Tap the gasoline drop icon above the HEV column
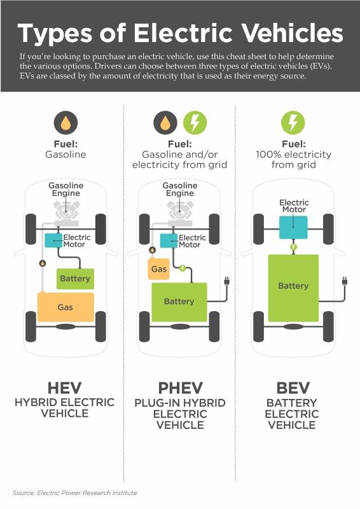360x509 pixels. pyautogui.click(x=66, y=123)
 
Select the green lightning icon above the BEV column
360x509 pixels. pyautogui.click(x=293, y=123)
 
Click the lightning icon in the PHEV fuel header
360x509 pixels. pyautogui.click(x=195, y=123)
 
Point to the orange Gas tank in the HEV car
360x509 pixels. pyautogui.click(x=66, y=307)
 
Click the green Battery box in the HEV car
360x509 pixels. pyautogui.click(x=75, y=279)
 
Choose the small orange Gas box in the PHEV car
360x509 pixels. pyautogui.click(x=159, y=269)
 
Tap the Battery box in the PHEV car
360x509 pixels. pyautogui.click(x=179, y=302)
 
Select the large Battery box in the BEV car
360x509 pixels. pyautogui.click(x=293, y=288)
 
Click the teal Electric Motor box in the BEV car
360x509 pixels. pyautogui.click(x=293, y=227)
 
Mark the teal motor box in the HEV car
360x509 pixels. pyautogui.click(x=53, y=241)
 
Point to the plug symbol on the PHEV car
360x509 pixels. pyautogui.click(x=226, y=281)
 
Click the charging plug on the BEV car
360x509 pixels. pyautogui.click(x=345, y=281)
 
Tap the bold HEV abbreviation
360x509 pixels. pyautogui.click(x=65, y=388)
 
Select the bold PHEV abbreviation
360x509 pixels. pyautogui.click(x=181, y=388)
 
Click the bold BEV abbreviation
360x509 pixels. pyautogui.click(x=293, y=388)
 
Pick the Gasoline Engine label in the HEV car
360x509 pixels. pyautogui.click(x=66, y=189)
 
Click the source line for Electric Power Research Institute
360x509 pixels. pyautogui.click(x=74, y=492)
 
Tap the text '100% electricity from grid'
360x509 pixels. pyautogui.click(x=293, y=160)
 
